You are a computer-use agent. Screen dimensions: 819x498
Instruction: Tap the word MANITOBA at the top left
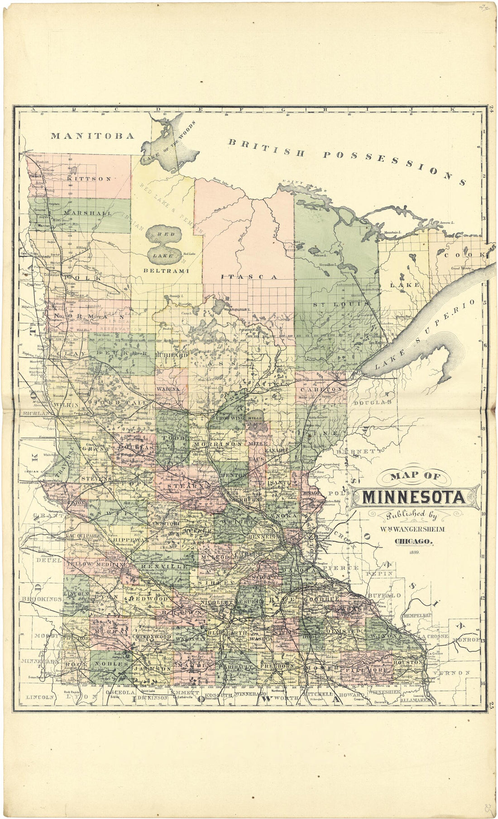coord(92,135)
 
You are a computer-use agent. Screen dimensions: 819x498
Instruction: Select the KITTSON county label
coord(89,179)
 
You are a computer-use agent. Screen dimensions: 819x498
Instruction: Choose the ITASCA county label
coord(249,276)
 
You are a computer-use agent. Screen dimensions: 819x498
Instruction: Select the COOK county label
coord(464,255)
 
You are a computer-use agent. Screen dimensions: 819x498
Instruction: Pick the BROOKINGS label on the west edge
coord(41,599)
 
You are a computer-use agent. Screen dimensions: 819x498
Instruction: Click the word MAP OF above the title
coord(415,476)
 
